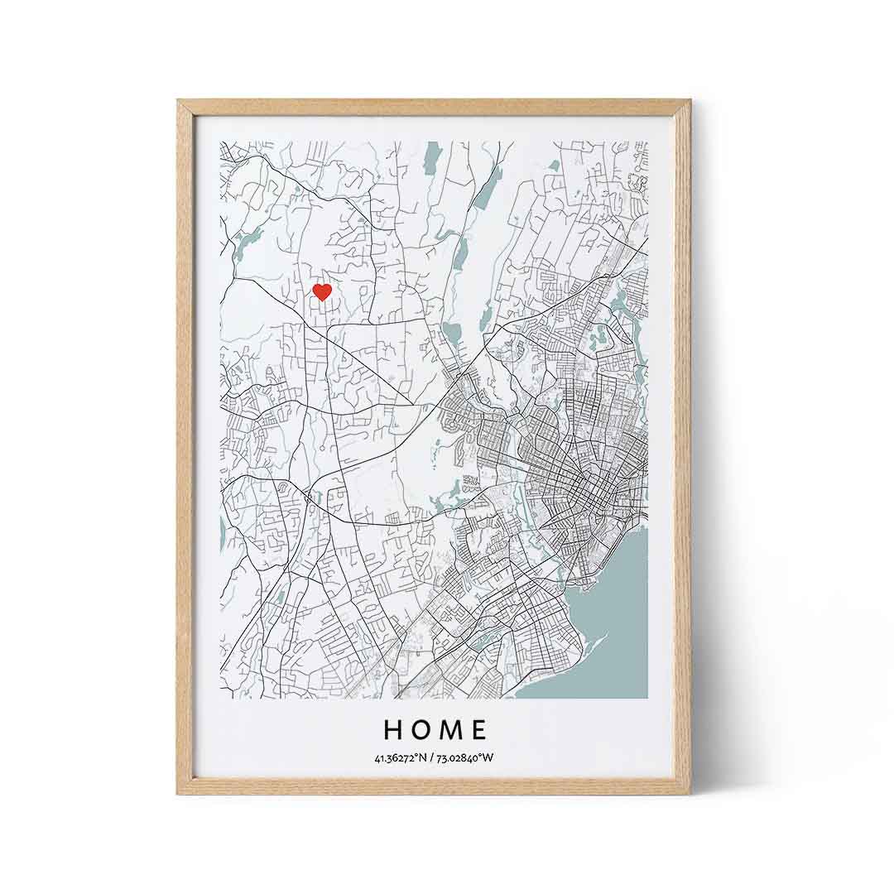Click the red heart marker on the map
click(x=322, y=291)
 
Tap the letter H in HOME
click(x=394, y=729)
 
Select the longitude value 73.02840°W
click(x=464, y=757)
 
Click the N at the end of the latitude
click(x=423, y=757)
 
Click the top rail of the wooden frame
click(x=434, y=107)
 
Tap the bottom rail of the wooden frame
click(x=434, y=786)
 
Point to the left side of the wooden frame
click(x=185, y=447)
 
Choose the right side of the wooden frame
click(x=682, y=447)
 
